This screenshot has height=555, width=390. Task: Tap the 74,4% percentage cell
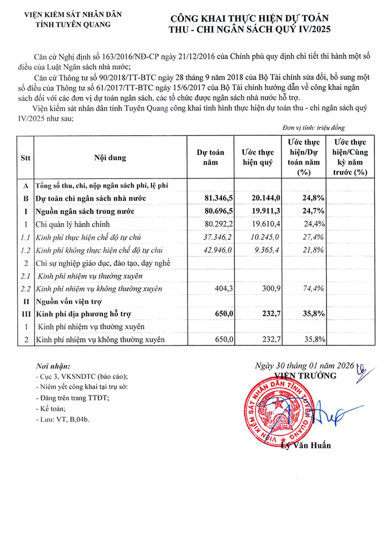[x=313, y=289]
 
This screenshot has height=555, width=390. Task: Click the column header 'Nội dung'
[x=110, y=157]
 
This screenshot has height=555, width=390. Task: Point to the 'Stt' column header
[x=25, y=157]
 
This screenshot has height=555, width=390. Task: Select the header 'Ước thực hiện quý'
[x=258, y=157]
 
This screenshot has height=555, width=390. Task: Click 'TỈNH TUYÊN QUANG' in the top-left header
[x=72, y=24]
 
